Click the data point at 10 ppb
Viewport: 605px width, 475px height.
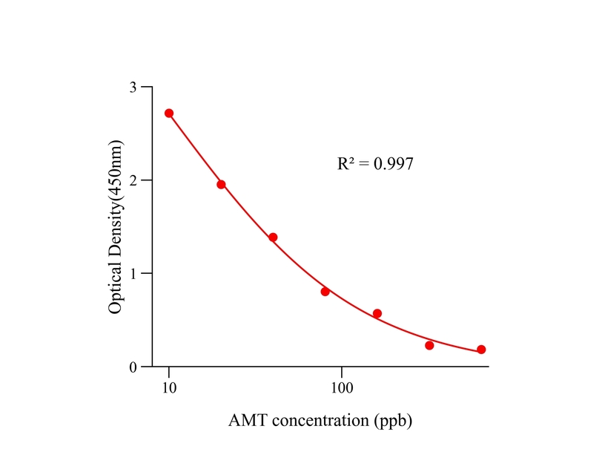pos(169,113)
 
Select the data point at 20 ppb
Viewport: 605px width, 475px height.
pos(221,184)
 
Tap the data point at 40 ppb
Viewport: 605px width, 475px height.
pos(273,237)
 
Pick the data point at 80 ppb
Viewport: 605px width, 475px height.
pos(325,292)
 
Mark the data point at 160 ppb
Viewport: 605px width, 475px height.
pos(377,313)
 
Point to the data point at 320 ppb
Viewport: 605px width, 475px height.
pos(429,345)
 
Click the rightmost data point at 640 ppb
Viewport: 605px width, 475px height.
pos(481,350)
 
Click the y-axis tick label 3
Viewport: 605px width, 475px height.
pos(133,87)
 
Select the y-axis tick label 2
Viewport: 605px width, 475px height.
pos(133,180)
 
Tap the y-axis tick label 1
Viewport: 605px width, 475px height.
pos(133,274)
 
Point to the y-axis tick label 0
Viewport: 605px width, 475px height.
pos(133,367)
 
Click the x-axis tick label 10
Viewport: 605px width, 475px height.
pos(169,387)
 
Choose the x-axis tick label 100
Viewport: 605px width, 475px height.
pos(342,387)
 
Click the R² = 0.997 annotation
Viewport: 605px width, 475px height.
pos(375,163)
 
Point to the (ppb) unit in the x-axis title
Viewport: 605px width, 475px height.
pos(391,421)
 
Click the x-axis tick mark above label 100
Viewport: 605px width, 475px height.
pos(342,371)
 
